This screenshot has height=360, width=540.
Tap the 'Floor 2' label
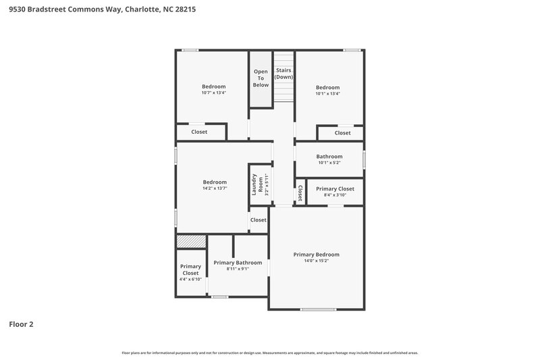21,324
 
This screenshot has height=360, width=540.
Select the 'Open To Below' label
261,78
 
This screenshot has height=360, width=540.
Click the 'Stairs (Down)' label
284,74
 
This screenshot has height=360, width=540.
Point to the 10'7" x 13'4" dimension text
213,93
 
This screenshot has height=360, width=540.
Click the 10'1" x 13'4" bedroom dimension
328,93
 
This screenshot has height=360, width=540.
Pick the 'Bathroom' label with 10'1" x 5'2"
329,157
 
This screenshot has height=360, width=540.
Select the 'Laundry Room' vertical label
256,184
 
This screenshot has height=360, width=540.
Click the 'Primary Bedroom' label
316,255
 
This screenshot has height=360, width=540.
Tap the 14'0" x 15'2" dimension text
316,261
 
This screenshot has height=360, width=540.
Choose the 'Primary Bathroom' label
238,262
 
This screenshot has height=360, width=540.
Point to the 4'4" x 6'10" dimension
190,279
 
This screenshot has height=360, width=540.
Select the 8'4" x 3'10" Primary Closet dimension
335,195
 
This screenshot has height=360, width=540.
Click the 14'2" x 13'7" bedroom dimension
215,188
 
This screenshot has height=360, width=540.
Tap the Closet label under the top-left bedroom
199,132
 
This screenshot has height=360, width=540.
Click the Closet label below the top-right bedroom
343,133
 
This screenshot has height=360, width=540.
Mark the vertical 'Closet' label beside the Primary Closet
300,193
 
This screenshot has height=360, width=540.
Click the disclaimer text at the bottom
270,353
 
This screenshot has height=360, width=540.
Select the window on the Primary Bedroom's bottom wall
318,309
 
